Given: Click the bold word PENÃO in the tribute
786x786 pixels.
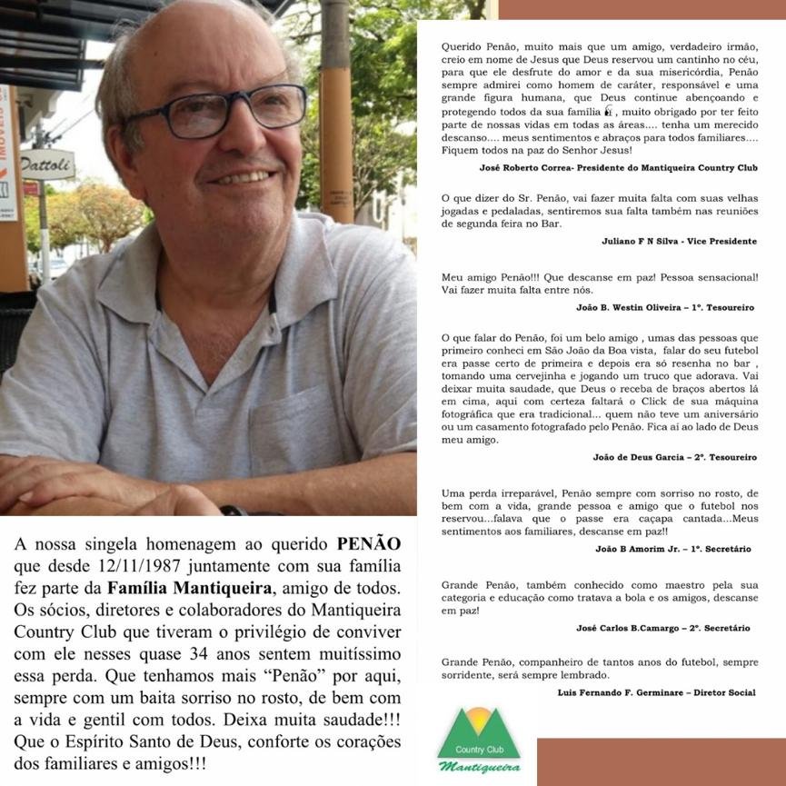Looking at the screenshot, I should [x=368, y=544].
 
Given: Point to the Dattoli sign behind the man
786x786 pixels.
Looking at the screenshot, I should [x=47, y=164].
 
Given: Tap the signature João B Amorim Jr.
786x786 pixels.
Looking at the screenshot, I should [x=633, y=549].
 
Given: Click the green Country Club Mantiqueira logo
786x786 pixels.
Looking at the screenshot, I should [x=480, y=741].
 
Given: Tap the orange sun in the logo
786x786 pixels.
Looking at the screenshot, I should [x=480, y=720].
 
